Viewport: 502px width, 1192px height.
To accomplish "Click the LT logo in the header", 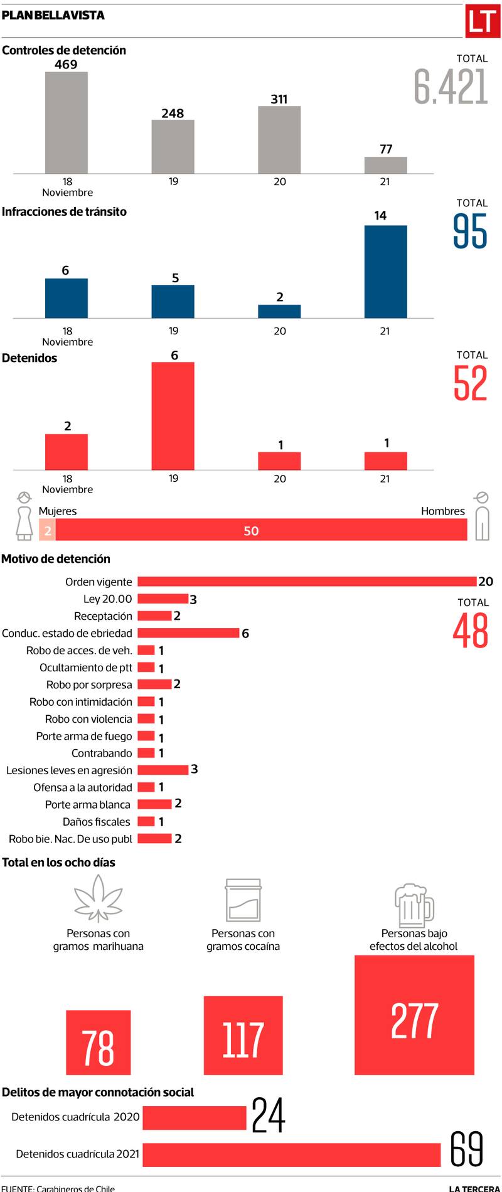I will (482, 22).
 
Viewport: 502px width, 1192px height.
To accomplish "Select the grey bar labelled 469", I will (66, 122).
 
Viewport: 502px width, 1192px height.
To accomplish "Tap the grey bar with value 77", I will (385, 165).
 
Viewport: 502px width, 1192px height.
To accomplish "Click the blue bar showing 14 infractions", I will (385, 271).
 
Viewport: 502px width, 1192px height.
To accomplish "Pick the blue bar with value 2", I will (279, 311).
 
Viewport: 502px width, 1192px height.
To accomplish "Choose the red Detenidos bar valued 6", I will (173, 415).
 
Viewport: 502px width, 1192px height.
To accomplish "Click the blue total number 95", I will (470, 231).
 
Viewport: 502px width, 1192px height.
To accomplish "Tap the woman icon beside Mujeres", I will (24, 516).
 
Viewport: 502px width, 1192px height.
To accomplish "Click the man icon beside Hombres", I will (481, 516).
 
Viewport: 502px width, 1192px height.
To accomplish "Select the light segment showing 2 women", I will (47, 530).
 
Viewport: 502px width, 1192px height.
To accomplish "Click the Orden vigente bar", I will (307, 582).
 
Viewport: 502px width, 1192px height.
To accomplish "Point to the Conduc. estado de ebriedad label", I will (67, 633).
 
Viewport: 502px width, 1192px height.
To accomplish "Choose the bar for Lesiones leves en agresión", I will (163, 770).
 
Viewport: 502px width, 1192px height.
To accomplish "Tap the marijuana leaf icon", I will (98, 898).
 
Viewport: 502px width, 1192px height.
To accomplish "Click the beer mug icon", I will (414, 904).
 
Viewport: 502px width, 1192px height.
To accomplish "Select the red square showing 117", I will (243, 1035).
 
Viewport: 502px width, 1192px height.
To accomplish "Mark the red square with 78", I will (98, 1042).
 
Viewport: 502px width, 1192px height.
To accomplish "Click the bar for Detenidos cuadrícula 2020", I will (195, 1117).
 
